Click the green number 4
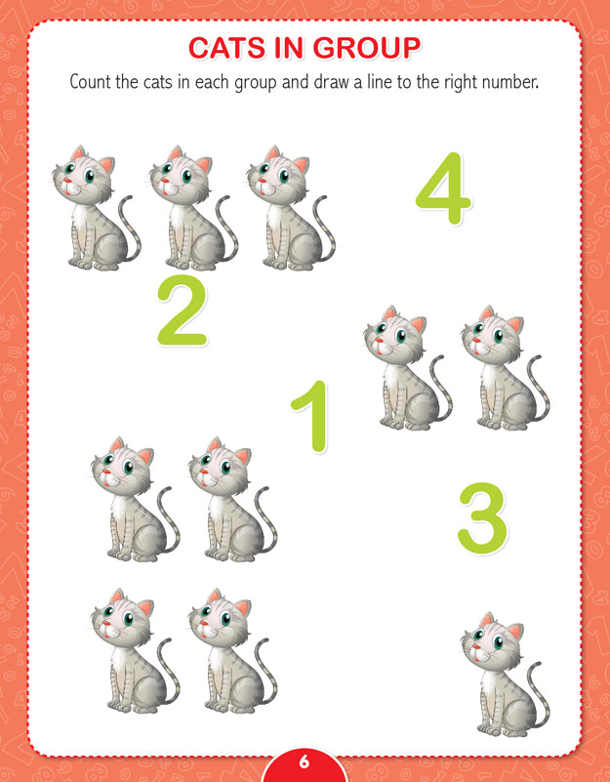pos(443,188)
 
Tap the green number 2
pos(183,309)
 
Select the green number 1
pos(311,417)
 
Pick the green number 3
pos(482,517)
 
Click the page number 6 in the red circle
pos(305,762)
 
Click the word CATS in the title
pos(227,48)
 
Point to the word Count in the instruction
pos(91,81)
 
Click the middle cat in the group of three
pos(193,208)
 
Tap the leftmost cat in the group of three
pos(97,208)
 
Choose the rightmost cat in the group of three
pos(291,208)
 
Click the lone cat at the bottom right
pos(506,675)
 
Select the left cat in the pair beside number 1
pos(408,367)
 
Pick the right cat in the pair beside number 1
pos(506,367)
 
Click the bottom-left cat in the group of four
pos(135,651)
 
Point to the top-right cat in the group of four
pos(232,499)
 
